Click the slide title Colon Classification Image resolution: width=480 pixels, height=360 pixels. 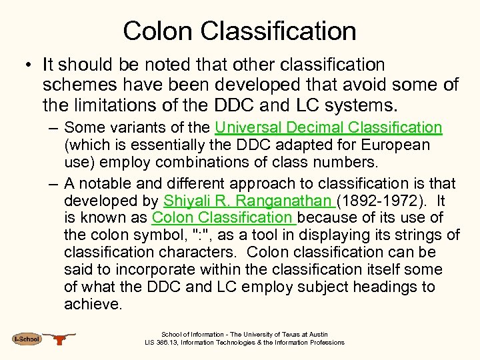coord(240,31)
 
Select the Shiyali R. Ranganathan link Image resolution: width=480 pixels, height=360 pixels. coord(249,201)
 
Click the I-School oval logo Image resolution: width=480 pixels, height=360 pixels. coord(27,339)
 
